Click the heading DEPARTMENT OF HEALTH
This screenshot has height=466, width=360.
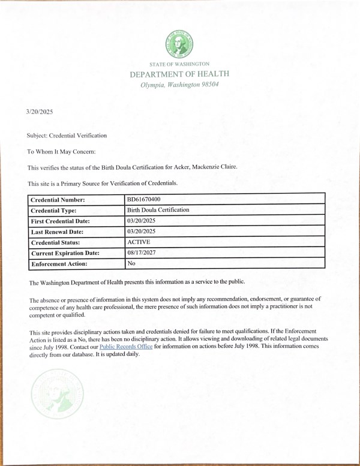(179, 74)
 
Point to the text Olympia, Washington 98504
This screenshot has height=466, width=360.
(179, 85)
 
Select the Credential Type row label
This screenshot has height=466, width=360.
(58, 211)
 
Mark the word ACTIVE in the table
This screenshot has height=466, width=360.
(139, 242)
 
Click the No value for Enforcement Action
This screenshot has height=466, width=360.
(132, 263)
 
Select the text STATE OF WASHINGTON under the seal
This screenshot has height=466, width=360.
(179, 64)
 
